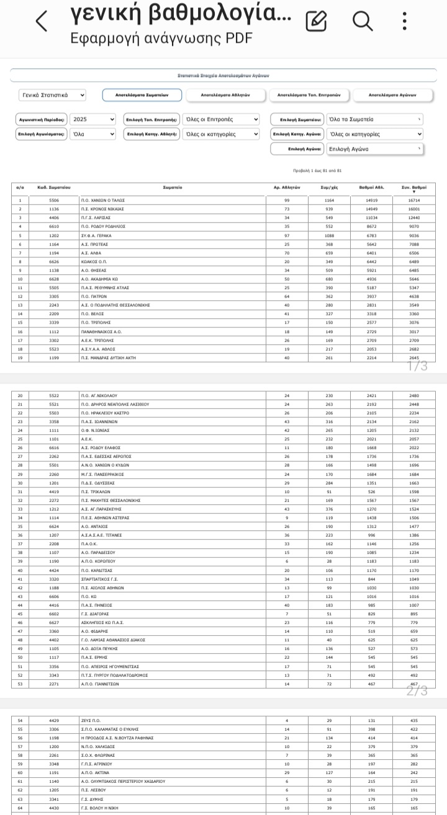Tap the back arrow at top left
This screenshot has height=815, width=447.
tap(42, 21)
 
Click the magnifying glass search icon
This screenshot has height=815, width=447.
tap(363, 21)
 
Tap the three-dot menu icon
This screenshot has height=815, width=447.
tap(405, 21)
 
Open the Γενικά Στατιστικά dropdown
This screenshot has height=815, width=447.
tap(52, 95)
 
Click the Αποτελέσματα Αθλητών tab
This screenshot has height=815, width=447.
tap(225, 95)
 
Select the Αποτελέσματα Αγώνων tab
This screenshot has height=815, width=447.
tap(392, 95)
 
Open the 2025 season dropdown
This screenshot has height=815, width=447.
tap(93, 119)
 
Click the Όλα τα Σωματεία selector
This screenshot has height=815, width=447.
tap(375, 119)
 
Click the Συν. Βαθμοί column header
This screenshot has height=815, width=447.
tap(414, 187)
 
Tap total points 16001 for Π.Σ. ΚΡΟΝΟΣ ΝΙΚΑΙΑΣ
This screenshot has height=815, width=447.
tap(414, 209)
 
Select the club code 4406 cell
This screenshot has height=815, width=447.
tap(54, 218)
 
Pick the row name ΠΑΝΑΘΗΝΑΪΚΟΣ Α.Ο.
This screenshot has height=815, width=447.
tap(101, 332)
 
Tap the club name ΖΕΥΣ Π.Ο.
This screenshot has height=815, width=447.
tap(91, 720)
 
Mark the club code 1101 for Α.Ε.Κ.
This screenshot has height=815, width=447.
tap(54, 439)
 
